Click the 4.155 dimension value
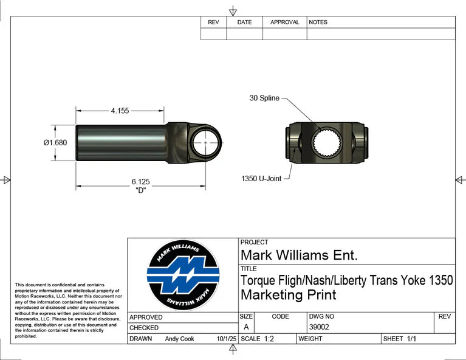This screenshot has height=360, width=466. pos(120,111)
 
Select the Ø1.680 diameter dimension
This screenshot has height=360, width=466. pos(55,143)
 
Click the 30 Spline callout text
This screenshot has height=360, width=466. pos(264,98)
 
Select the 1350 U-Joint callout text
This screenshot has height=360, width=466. pos(261,179)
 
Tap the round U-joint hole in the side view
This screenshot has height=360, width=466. pos(206,142)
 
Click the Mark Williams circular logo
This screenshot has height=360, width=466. pos(183,277)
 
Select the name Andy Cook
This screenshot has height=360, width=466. pos(179,339)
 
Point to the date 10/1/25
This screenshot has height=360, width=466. pos(225,339)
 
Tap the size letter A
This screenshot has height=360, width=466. pos(245,327)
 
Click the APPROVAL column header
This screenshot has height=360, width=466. pos(284,22)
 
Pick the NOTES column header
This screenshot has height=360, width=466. pos(318,22)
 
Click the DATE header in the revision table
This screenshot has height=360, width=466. pos(244,22)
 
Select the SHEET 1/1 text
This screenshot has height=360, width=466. pos(399,339)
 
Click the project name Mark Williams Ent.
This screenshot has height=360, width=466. pos(300,254)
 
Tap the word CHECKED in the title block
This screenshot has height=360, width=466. pos(144,328)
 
